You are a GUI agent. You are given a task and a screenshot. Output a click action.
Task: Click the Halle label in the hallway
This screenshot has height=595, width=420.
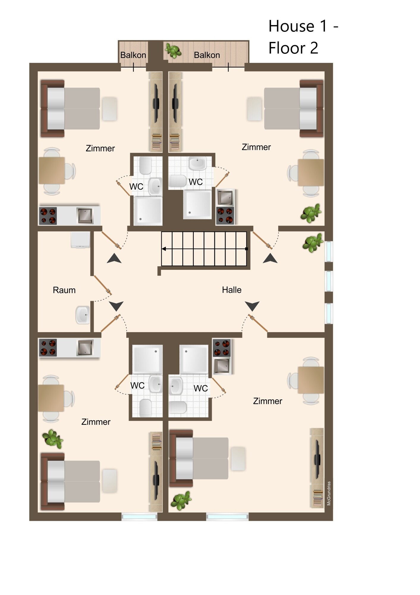pyautogui.click(x=232, y=290)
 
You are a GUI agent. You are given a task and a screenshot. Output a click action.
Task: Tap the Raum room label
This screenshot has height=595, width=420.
pyautogui.click(x=64, y=290)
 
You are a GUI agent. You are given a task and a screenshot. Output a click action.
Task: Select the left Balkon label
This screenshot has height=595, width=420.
pyautogui.click(x=133, y=55)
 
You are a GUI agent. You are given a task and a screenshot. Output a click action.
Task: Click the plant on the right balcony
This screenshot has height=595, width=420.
pyautogui.click(x=173, y=51)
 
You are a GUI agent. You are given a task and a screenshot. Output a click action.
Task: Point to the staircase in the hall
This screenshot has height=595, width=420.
pyautogui.click(x=204, y=249)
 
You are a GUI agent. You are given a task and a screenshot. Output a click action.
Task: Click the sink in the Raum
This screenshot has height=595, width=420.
pyautogui.click(x=82, y=315)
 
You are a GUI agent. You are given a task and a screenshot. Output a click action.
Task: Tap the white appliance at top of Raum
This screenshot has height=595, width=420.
pyautogui.click(x=80, y=240)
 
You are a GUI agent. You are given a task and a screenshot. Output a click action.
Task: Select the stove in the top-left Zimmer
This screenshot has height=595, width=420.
pyautogui.click(x=48, y=216)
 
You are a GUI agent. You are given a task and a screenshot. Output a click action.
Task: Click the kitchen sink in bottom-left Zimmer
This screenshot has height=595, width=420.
pyautogui.click(x=85, y=347)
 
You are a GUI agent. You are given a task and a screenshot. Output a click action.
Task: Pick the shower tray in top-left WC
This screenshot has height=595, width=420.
pyautogui.click(x=148, y=211)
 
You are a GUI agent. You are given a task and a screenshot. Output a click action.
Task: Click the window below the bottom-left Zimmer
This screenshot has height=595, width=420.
pyautogui.click(x=139, y=517)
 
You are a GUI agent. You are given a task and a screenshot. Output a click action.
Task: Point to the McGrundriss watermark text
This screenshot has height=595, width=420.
pyautogui.click(x=329, y=493)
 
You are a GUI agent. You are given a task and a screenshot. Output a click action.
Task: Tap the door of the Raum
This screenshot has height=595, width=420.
pyautogui.click(x=103, y=285)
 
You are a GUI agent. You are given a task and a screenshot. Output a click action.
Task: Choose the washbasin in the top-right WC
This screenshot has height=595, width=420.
pyautogui.click(x=197, y=163)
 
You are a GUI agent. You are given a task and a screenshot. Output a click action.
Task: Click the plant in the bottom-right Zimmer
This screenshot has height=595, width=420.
pyautogui.click(x=181, y=500)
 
